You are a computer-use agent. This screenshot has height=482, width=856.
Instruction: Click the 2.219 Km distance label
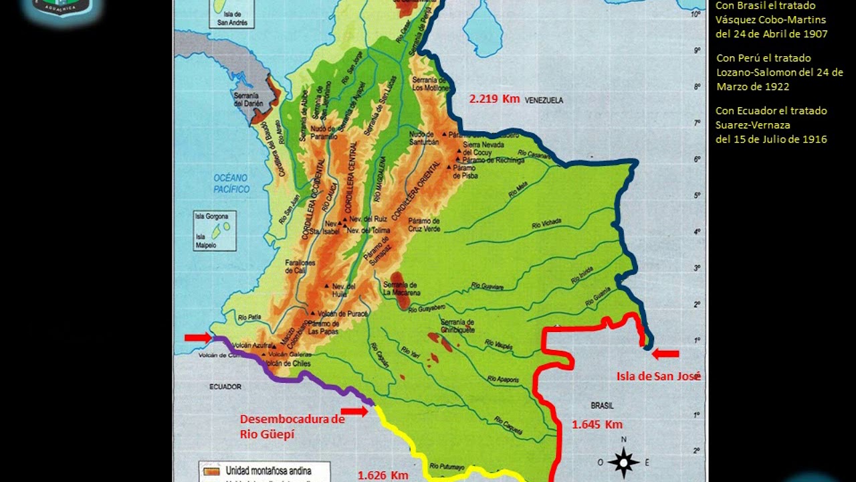pos(494,99)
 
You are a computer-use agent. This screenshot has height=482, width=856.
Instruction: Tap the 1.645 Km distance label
pos(597,424)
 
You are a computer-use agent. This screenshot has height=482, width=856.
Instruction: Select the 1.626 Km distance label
pos(383,475)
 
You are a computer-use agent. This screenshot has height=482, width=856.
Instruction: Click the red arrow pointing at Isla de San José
pos(665,354)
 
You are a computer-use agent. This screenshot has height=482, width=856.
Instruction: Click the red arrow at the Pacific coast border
pos(198,337)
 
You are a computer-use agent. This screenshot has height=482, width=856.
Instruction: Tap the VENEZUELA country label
pos(544,100)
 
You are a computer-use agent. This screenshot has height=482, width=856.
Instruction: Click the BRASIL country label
pos(602,406)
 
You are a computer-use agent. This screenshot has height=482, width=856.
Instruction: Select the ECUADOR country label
pos(225,387)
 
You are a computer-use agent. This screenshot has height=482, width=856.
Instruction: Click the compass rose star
pos(623,462)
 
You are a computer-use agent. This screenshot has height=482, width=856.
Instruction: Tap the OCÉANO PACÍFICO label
pos(231,183)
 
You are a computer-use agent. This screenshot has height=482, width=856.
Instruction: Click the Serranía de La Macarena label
pos(401,289)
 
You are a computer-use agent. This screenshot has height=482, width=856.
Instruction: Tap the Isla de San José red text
pos(658,376)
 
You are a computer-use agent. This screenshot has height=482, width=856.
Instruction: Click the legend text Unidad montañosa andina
pos(267,471)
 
